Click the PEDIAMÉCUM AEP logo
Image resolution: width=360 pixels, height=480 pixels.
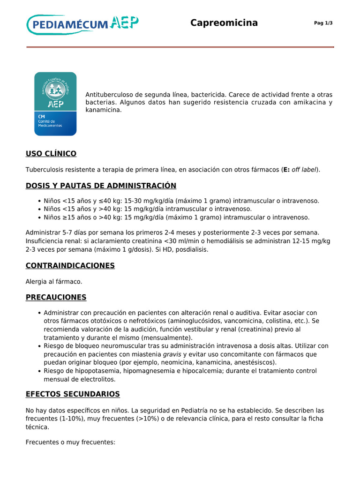click(82, 23)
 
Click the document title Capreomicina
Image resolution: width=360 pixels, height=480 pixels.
click(224, 23)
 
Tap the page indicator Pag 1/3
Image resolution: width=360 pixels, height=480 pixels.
click(323, 23)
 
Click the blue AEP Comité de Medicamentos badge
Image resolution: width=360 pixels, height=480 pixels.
click(55, 104)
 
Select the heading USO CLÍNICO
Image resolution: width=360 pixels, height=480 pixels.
click(51, 154)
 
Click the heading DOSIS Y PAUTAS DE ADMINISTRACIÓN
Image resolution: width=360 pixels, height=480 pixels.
click(101, 186)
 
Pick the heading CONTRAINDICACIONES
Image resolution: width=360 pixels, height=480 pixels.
click(70, 265)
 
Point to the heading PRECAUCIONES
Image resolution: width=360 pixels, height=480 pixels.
click(56, 297)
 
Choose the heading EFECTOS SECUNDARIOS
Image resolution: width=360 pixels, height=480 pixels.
click(73, 394)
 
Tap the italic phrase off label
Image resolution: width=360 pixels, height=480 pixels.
click(305, 170)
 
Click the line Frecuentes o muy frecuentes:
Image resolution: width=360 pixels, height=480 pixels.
click(70, 442)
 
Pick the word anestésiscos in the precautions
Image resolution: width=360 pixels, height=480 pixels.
click(255, 362)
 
